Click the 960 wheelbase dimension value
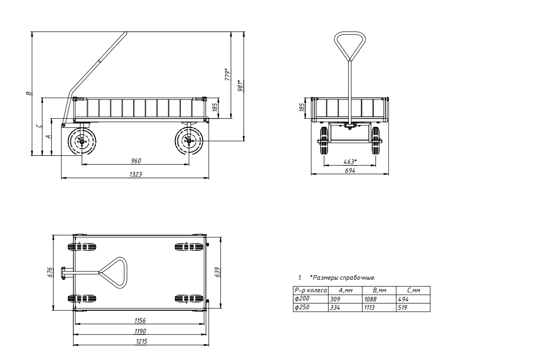pyautogui.click(x=136, y=161)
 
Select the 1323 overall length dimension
pyautogui.click(x=136, y=175)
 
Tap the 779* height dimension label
pyautogui.click(x=227, y=75)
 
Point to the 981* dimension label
pyautogui.click(x=241, y=85)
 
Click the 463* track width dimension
pyautogui.click(x=350, y=162)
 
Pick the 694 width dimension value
pyautogui.click(x=350, y=170)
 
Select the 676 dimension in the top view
pyautogui.click(x=50, y=272)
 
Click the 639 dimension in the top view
pyautogui.click(x=218, y=272)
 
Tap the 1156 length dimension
pyautogui.click(x=140, y=320)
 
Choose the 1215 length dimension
pyautogui.click(x=141, y=341)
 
